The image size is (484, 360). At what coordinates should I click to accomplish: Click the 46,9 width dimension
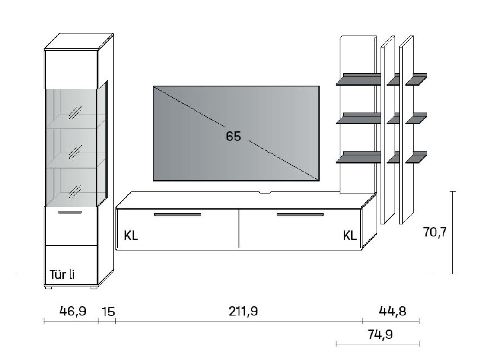click(x=73, y=311)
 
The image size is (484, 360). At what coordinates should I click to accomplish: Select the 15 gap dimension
click(x=108, y=312)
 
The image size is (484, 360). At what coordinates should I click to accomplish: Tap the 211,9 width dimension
click(x=243, y=311)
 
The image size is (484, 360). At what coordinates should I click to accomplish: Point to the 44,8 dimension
click(x=393, y=311)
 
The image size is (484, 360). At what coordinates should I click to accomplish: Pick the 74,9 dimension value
click(x=380, y=335)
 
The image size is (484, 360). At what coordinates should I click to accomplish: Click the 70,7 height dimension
click(x=435, y=232)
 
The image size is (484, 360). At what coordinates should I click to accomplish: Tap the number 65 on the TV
click(x=233, y=136)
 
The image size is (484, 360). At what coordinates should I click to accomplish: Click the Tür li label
click(x=62, y=274)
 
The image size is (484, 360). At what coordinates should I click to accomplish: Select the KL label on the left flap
click(x=131, y=236)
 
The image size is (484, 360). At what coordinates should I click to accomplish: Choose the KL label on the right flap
click(x=350, y=236)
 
